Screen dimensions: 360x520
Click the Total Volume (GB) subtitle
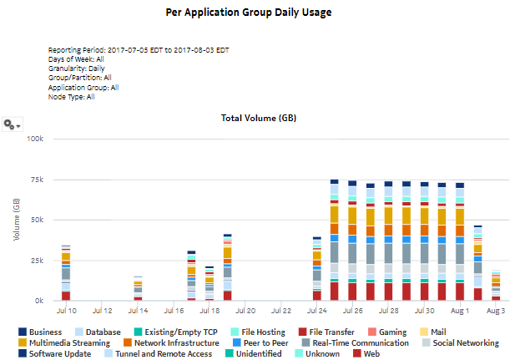259,118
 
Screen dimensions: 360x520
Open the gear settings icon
12,124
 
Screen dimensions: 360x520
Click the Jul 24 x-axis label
316,311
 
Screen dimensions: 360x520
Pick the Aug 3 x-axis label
496,311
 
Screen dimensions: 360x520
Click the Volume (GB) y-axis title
17,220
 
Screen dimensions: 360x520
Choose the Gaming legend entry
387,332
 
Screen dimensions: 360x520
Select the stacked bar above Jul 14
138,288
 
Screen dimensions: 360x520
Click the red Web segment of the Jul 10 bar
66,296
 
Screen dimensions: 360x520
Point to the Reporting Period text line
139,50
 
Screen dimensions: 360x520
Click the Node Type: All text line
72,97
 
